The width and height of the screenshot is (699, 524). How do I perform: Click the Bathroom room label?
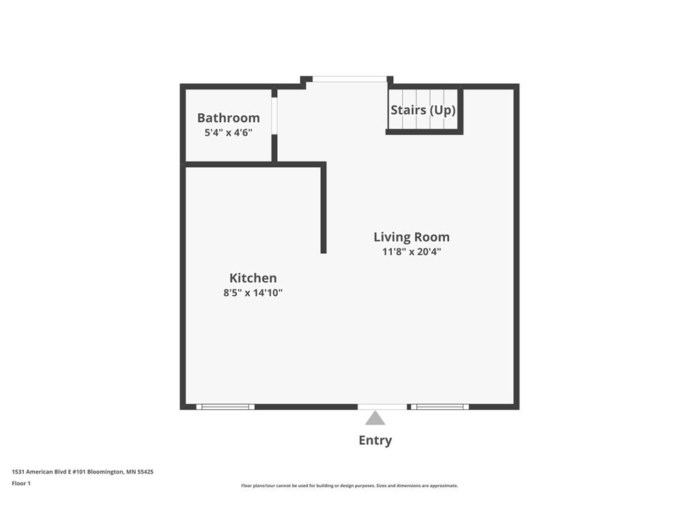[x=228, y=118]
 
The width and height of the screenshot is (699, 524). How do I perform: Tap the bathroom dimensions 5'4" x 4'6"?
[x=228, y=133]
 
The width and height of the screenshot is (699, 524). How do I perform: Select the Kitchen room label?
[x=253, y=278]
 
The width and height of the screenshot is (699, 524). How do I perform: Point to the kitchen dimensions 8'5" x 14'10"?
[x=253, y=293]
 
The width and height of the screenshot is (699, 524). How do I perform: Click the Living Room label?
[x=411, y=237]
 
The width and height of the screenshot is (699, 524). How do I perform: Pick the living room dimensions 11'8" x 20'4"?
[x=411, y=252]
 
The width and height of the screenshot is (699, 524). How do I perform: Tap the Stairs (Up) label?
[x=423, y=110]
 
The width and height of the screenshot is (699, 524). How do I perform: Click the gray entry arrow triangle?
[x=375, y=418]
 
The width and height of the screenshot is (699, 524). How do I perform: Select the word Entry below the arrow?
[x=375, y=440]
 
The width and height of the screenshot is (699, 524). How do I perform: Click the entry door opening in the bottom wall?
[x=382, y=407]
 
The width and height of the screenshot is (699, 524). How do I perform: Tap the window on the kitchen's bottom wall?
[x=225, y=407]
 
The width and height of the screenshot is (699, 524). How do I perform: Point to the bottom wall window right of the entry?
[x=440, y=407]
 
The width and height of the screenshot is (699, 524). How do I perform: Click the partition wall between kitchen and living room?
[x=324, y=208]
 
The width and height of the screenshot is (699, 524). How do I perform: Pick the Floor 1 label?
[x=21, y=484]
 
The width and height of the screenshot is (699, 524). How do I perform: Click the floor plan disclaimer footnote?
[x=349, y=486]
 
